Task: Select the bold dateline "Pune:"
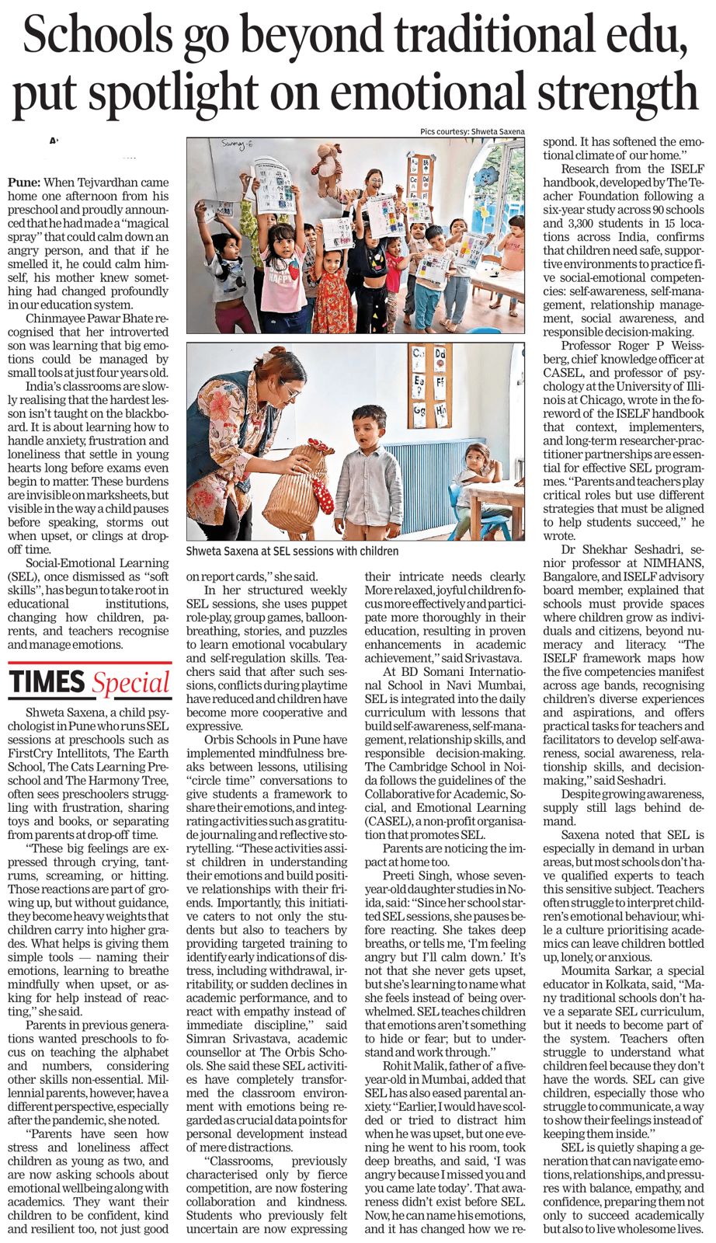point(24,182)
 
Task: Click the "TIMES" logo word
point(47,682)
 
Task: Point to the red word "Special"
point(130,683)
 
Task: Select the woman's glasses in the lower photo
point(290,391)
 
